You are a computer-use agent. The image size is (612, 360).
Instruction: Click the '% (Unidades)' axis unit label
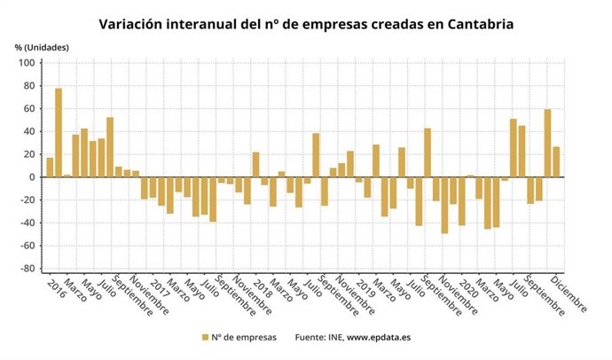[41, 46]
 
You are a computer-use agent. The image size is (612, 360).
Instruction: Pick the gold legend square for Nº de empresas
[204, 337]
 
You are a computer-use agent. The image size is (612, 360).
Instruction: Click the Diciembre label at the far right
[569, 295]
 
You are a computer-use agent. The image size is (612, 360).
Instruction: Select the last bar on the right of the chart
[556, 161]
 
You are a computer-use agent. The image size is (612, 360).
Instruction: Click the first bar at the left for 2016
[50, 167]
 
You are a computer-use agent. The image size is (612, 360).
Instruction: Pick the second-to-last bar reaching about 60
[547, 143]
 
